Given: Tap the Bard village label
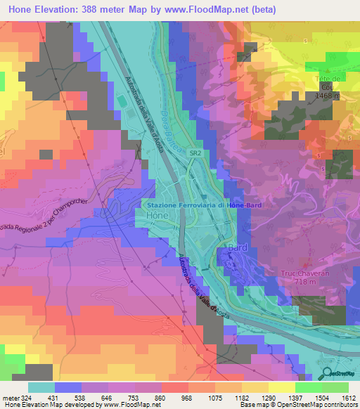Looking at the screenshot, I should point(237,248).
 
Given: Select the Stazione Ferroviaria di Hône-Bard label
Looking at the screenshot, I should point(204,205).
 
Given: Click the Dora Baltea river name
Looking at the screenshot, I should point(171,115).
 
